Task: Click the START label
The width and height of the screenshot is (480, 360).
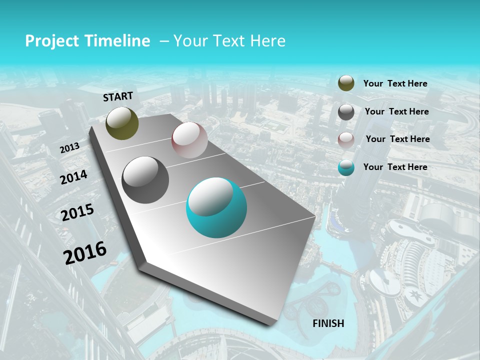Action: click(118, 96)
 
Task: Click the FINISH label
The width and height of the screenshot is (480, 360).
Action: click(328, 323)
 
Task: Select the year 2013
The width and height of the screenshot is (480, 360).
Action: click(69, 148)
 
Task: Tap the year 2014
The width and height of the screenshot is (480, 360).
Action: click(73, 177)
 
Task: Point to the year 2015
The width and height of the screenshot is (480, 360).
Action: click(77, 212)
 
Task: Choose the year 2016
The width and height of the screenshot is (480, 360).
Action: click(85, 252)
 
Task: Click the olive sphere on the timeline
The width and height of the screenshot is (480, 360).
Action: click(122, 123)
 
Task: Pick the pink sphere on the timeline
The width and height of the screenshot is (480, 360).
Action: click(189, 140)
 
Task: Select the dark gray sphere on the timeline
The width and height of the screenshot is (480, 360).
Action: click(145, 180)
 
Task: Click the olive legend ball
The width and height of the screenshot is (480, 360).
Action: click(346, 83)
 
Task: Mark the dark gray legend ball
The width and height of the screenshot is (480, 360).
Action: click(346, 112)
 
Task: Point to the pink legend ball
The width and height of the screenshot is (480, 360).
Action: click(346, 139)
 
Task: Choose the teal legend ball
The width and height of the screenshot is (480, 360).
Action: click(346, 167)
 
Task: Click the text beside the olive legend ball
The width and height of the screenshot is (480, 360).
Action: click(395, 83)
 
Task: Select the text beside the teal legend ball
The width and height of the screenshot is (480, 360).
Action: click(395, 167)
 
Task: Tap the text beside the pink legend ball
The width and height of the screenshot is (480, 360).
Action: click(397, 139)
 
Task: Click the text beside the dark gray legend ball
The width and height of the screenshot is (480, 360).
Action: click(396, 111)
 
